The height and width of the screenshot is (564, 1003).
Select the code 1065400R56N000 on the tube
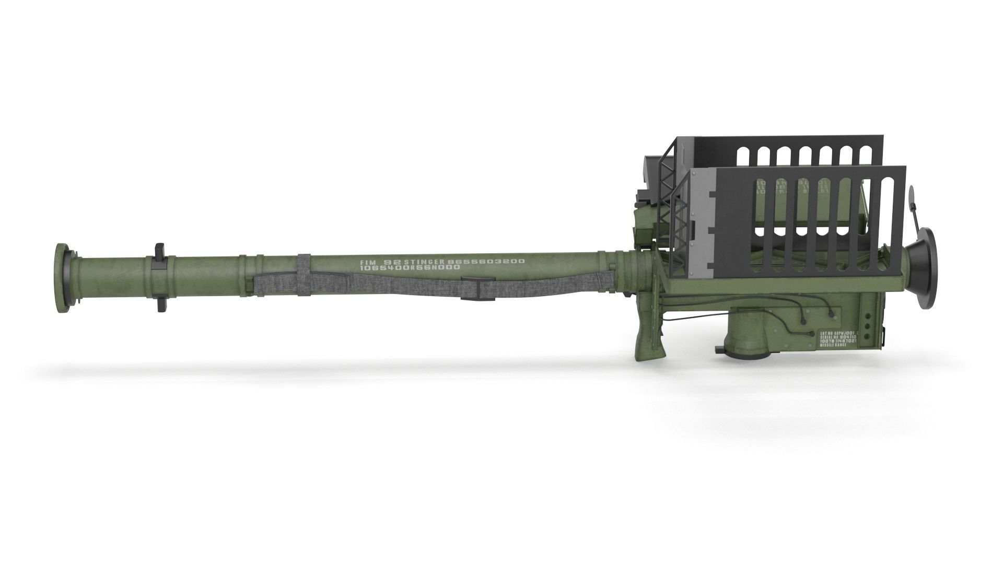point(410,267)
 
